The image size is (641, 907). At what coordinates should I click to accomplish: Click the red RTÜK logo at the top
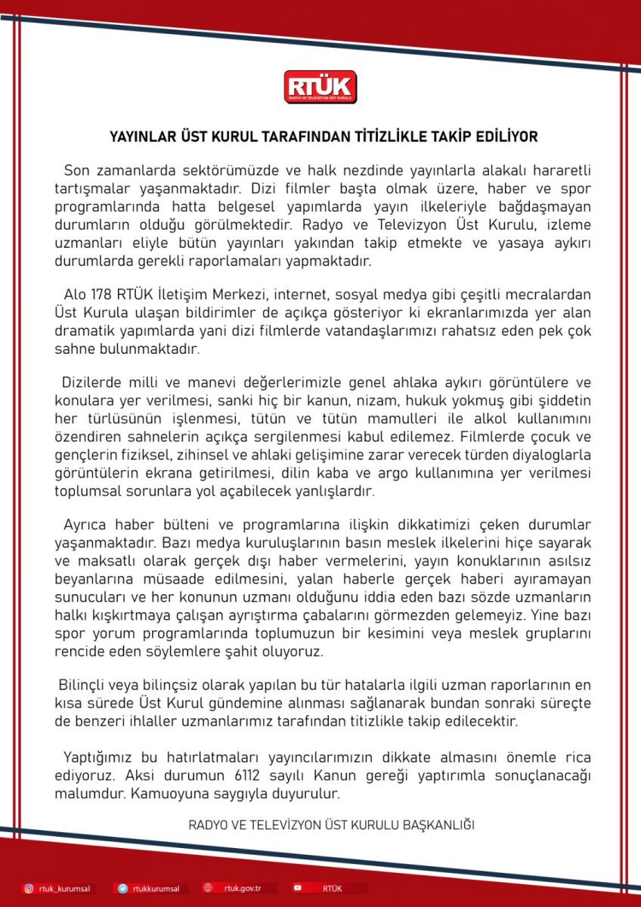click(x=320, y=87)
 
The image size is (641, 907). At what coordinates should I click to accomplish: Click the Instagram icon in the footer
click(x=29, y=888)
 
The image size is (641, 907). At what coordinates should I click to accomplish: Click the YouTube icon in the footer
click(x=298, y=888)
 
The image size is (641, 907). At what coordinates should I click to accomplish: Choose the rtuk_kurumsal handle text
click(x=63, y=889)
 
